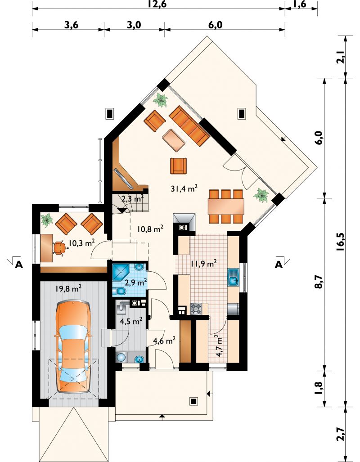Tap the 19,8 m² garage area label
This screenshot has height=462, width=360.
68,288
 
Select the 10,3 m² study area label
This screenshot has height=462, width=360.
81,242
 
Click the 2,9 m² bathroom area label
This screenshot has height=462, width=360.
136,283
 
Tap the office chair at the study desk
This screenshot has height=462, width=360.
60,248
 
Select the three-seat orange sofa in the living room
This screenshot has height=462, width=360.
189,126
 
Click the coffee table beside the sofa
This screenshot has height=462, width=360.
174,140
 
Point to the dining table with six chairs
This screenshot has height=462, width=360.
226,206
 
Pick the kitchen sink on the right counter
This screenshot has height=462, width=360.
233,277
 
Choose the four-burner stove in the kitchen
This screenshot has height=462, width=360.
196,309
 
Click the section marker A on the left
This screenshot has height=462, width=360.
19,265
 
